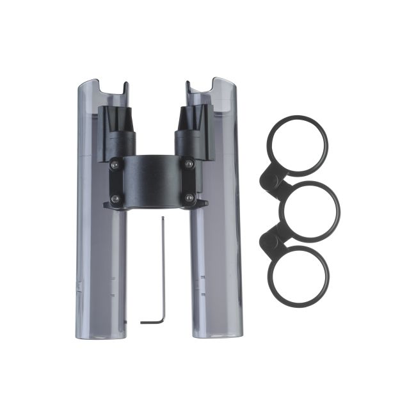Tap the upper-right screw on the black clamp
tap(189, 164)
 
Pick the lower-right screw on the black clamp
tap(189, 198)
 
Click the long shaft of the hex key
tap(163, 269)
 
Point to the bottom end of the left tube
tap(101, 333)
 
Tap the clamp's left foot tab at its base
tap(109, 206)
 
